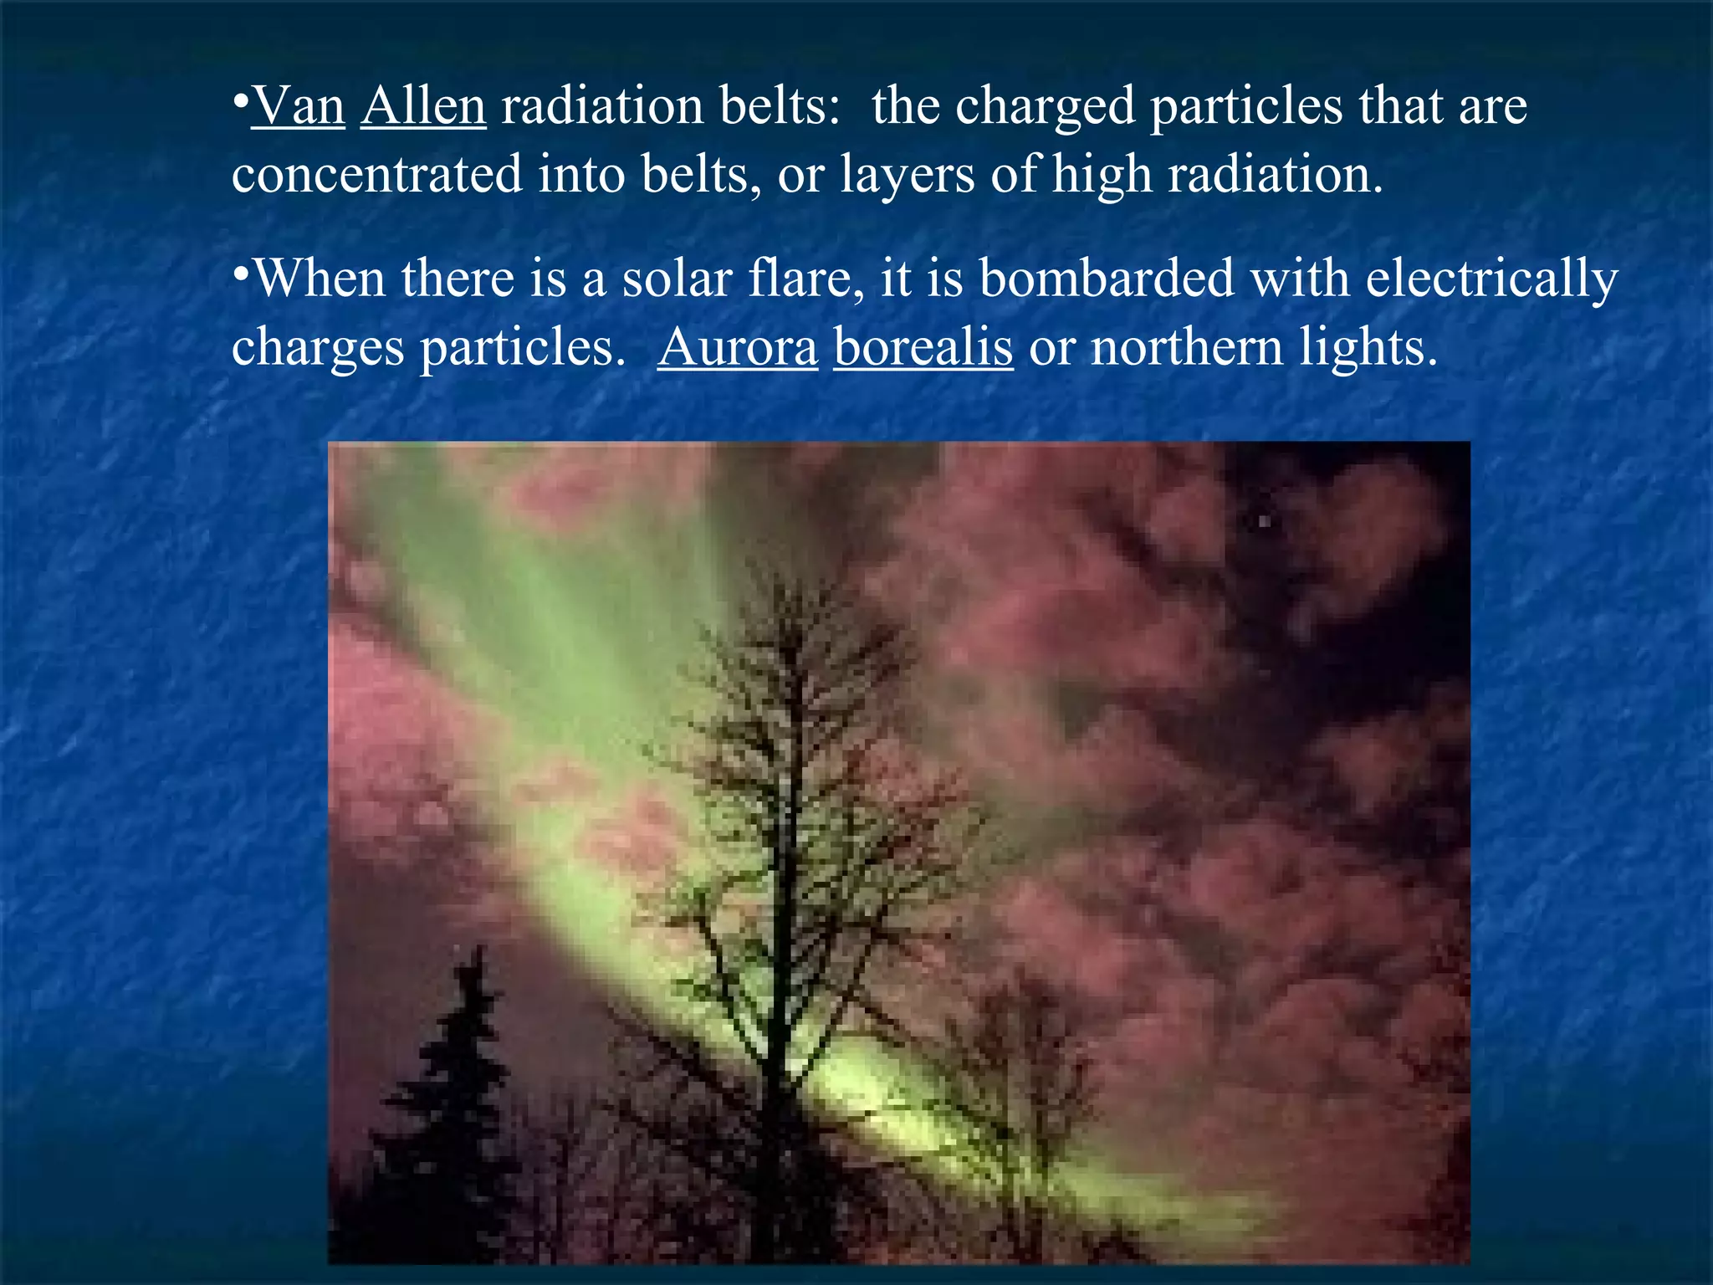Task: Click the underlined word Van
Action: coord(298,107)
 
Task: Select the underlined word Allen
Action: coord(423,107)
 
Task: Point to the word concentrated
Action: coord(377,176)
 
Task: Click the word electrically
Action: coord(1492,280)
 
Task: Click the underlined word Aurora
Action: coord(737,348)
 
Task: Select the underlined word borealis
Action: coord(923,348)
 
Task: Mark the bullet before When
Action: coord(240,273)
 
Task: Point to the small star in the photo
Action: coord(1265,521)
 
